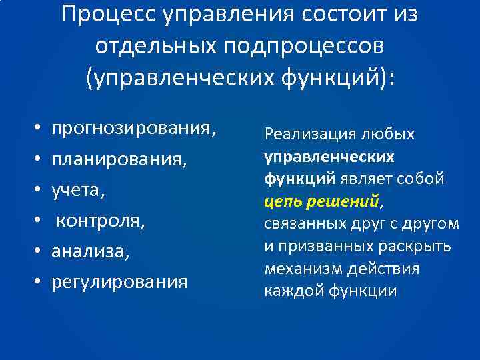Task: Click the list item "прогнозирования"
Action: pyautogui.click(x=135, y=127)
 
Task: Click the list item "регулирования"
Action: pyautogui.click(x=120, y=283)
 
